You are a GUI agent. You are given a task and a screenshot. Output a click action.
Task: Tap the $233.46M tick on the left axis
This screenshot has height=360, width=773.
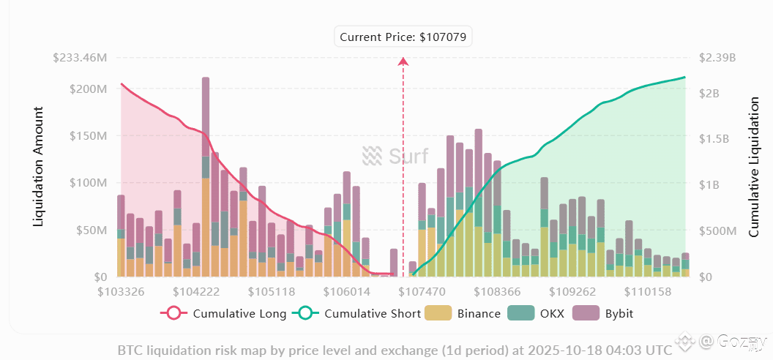(81, 58)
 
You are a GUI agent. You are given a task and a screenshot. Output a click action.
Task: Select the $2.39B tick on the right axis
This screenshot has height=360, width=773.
(716, 58)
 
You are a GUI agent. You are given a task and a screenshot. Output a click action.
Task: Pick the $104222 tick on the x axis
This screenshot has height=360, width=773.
(197, 291)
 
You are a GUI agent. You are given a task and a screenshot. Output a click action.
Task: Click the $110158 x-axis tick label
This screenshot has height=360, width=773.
(649, 291)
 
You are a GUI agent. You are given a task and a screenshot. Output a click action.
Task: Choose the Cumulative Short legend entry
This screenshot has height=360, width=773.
(357, 314)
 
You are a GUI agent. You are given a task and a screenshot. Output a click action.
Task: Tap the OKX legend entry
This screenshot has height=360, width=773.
(544, 314)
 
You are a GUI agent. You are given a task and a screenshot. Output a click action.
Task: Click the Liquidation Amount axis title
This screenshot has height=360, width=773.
(39, 166)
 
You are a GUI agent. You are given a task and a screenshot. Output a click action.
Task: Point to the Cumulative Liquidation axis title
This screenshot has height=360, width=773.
(753, 168)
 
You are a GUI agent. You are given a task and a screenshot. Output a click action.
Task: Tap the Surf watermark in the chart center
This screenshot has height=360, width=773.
(396, 156)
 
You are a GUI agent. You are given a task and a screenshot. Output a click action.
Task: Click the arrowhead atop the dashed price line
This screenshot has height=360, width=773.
(403, 61)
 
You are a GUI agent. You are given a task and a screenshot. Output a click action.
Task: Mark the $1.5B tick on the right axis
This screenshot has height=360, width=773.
(717, 138)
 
